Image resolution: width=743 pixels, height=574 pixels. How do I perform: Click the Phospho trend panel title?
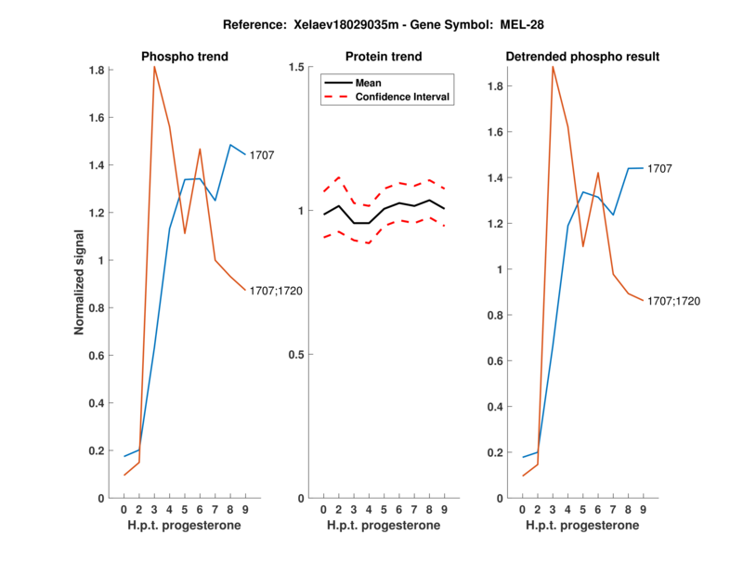click(185, 57)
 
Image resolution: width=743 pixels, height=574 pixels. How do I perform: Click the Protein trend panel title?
click(384, 57)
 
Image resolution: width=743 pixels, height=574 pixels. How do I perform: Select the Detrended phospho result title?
click(582, 57)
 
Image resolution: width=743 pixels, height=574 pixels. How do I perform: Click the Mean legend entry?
click(369, 83)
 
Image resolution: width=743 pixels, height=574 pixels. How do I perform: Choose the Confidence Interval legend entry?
click(403, 97)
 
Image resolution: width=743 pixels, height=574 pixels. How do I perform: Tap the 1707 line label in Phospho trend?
click(261, 155)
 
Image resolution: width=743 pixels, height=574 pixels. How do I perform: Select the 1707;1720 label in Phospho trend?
click(277, 291)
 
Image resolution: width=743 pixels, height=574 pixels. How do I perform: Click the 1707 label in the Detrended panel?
click(659, 168)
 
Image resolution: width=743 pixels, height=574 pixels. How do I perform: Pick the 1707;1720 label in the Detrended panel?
click(674, 301)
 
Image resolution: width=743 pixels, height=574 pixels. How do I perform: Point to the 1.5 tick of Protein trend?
click(298, 67)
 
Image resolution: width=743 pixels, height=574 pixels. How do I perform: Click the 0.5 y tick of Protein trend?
click(298, 355)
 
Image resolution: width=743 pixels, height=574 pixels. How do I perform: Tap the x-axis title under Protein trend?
click(384, 525)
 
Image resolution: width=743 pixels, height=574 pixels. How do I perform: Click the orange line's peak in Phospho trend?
click(154, 67)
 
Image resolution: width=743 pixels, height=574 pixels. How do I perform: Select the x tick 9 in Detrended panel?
click(643, 509)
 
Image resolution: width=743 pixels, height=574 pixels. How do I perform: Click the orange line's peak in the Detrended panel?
click(553, 66)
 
